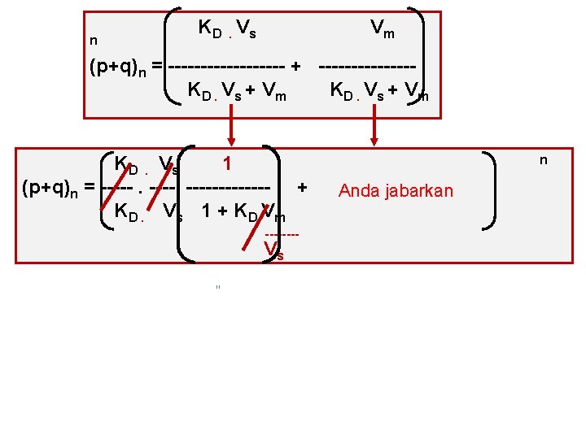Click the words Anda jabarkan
[396, 191]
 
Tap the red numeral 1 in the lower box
[228, 163]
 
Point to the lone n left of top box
[94, 39]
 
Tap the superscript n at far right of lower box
[544, 161]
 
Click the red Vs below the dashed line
[274, 252]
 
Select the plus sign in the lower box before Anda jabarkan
[302, 188]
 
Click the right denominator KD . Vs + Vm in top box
[378, 91]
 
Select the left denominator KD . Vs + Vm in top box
[237, 91]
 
